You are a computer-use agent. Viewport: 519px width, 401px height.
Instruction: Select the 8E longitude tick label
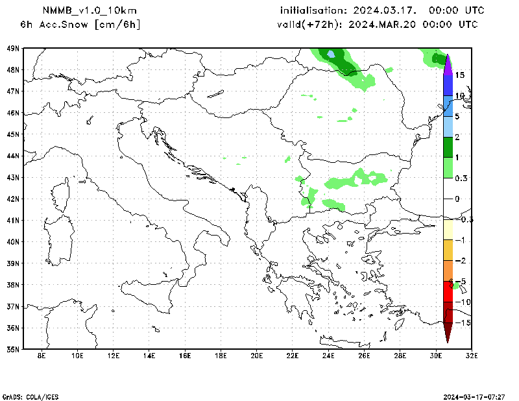(42, 356)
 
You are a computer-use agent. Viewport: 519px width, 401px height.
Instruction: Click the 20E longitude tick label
(256, 356)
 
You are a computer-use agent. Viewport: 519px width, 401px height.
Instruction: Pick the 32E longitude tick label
(471, 356)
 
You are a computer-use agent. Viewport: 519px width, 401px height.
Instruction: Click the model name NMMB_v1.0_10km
(90, 10)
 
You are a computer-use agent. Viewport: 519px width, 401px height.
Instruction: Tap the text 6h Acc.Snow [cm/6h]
(80, 24)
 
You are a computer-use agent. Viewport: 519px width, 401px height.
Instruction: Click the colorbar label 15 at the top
(459, 75)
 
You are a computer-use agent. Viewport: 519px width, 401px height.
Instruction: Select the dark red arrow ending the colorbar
(448, 332)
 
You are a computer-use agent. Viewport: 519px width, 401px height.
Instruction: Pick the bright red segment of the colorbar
(448, 291)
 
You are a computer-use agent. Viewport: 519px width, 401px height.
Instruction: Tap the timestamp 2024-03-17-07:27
(479, 396)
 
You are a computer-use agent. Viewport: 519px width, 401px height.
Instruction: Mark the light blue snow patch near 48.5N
(331, 54)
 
